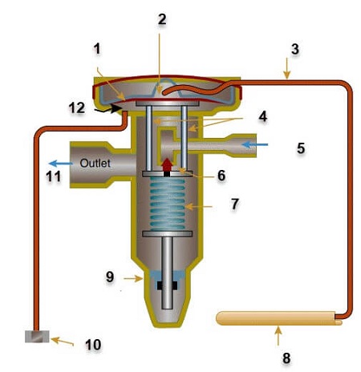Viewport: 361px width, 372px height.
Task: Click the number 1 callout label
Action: coord(98,50)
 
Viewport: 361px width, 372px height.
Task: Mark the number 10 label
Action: coord(92,345)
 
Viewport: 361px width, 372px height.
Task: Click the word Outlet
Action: coord(95,163)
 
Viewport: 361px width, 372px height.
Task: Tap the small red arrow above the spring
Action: coord(167,164)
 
